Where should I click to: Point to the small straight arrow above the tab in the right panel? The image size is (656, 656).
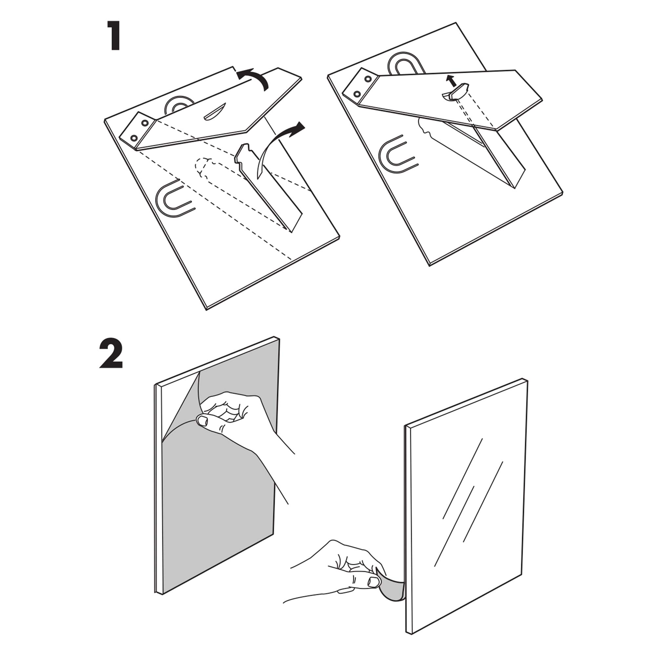[451, 81]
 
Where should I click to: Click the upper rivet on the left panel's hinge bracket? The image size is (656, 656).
[145, 122]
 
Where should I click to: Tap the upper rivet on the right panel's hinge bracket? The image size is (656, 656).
[367, 80]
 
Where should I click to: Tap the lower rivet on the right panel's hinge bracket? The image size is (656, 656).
[357, 94]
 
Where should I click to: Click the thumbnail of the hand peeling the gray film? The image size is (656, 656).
[203, 422]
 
